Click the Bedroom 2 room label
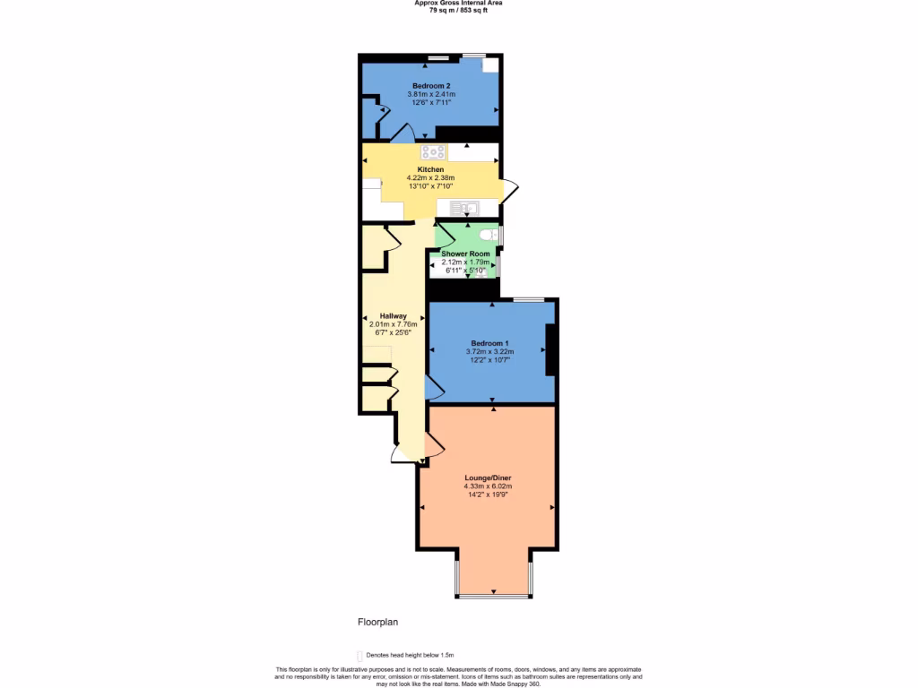coord(431,85)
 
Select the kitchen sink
coord(466,209)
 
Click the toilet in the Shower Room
coord(487,235)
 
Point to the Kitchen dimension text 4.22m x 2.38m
coord(430,177)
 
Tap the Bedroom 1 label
coord(489,343)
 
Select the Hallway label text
coord(394,315)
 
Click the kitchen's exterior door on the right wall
coord(508,191)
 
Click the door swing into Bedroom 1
coord(432,386)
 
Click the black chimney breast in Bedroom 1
coord(551,349)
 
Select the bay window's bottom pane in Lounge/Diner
coord(493,596)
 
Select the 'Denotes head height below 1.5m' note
coord(409,656)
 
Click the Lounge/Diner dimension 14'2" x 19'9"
coord(489,494)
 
